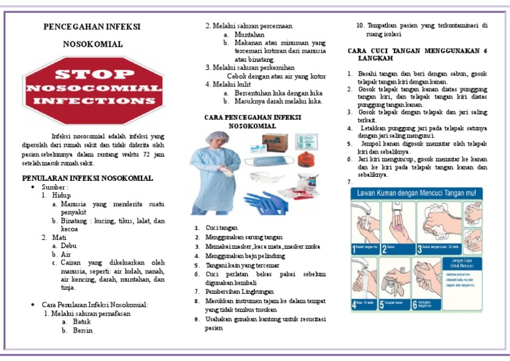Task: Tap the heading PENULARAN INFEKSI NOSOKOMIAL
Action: [88, 178]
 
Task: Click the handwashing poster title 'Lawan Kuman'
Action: [417, 193]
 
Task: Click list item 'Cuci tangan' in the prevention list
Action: [221, 228]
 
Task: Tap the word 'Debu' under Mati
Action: [68, 245]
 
